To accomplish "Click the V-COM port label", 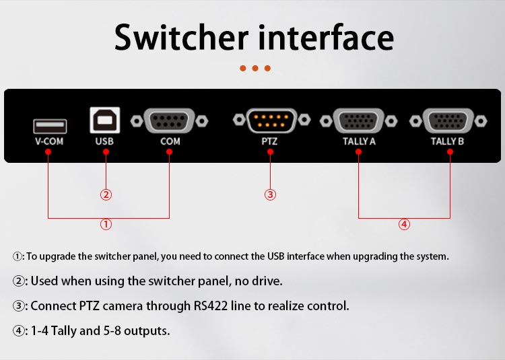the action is (x=49, y=141).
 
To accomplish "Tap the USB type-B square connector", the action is (x=105, y=120).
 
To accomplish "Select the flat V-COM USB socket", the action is (x=50, y=126).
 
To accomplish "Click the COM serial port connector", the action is (x=170, y=121).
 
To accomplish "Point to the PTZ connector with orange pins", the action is (x=271, y=120).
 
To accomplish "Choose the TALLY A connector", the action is (x=358, y=121).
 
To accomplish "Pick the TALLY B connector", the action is (x=448, y=121).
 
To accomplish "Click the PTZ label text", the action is (x=269, y=141).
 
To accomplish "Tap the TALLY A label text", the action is (x=359, y=141).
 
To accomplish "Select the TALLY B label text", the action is (x=447, y=141).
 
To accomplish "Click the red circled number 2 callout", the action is (x=106, y=194).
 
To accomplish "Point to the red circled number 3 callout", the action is (x=270, y=194).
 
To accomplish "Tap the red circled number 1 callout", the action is (x=106, y=224).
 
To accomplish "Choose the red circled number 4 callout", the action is (x=404, y=224).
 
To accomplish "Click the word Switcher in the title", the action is (x=181, y=37).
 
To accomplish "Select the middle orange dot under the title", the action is (x=255, y=68).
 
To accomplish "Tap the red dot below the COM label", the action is (x=170, y=152).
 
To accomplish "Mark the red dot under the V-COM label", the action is (x=48, y=152).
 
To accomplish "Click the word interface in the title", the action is (x=326, y=37).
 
